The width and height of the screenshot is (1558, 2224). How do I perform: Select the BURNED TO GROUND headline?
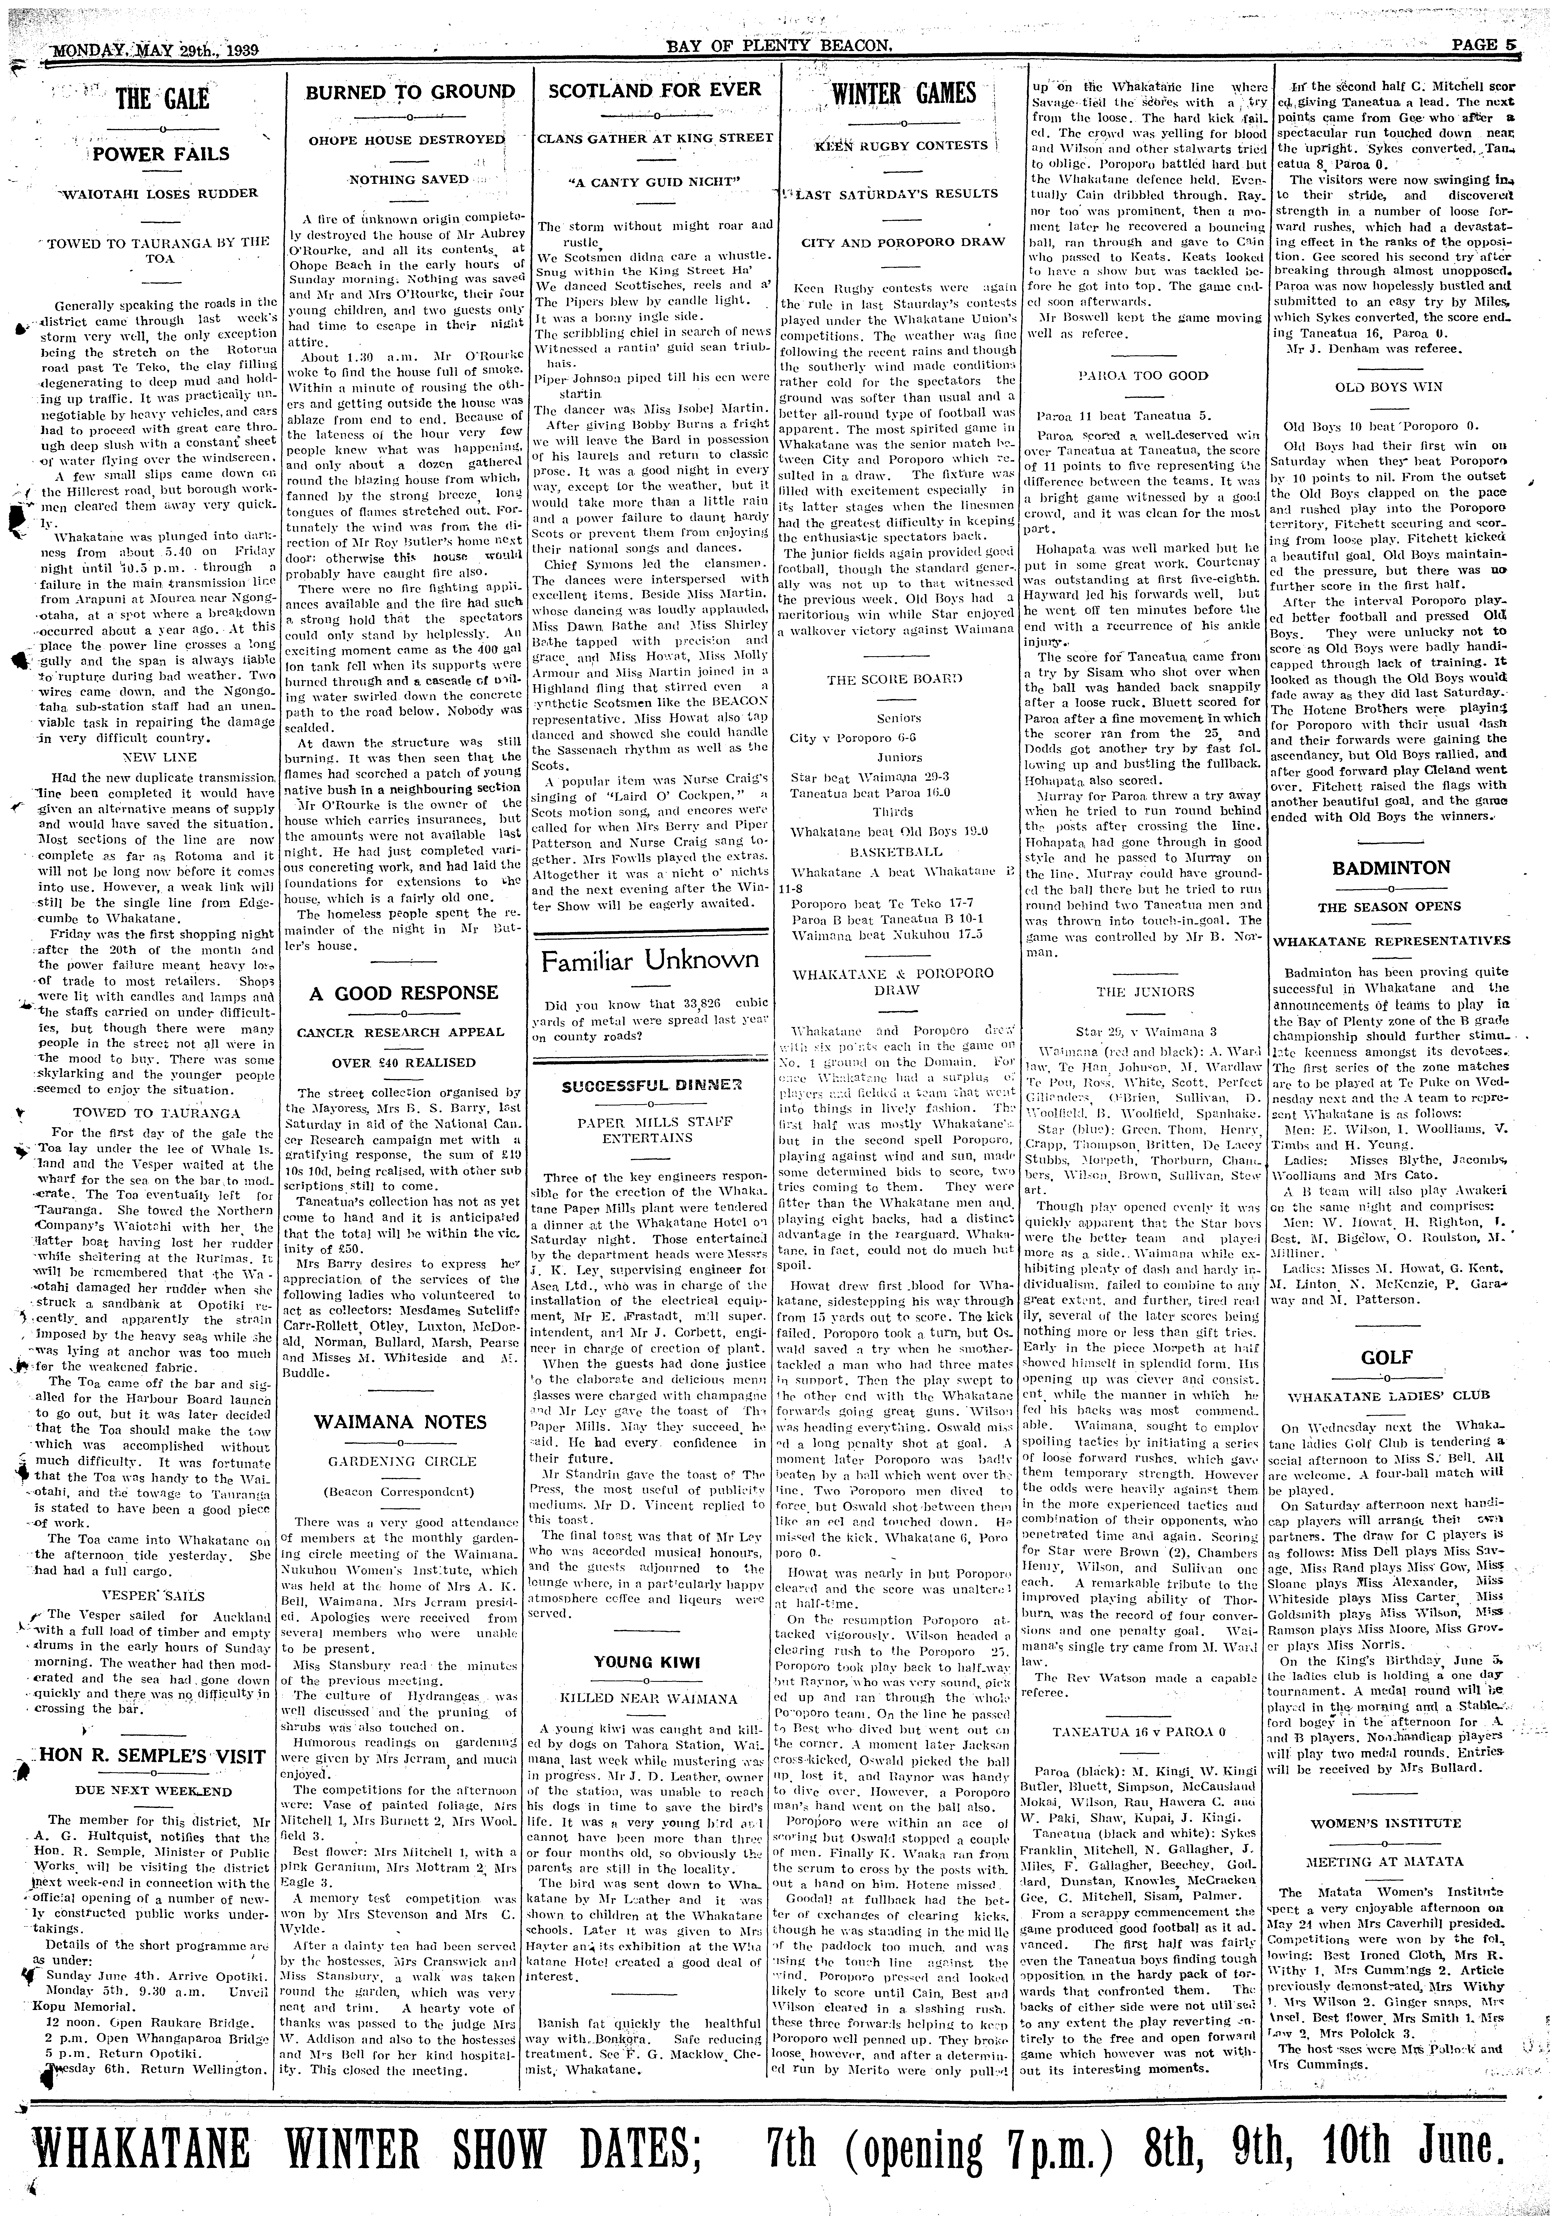[x=411, y=92]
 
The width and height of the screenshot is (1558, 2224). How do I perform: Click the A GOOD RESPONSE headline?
[x=404, y=993]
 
